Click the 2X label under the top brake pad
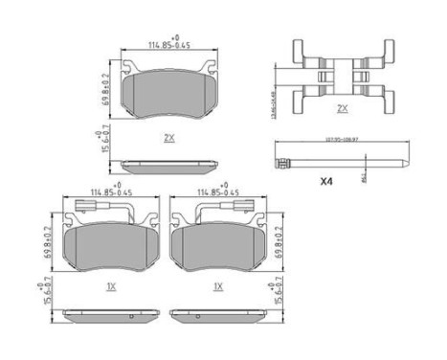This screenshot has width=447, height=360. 168,138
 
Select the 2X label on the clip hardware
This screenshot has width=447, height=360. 342,108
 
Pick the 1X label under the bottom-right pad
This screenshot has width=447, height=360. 217,286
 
